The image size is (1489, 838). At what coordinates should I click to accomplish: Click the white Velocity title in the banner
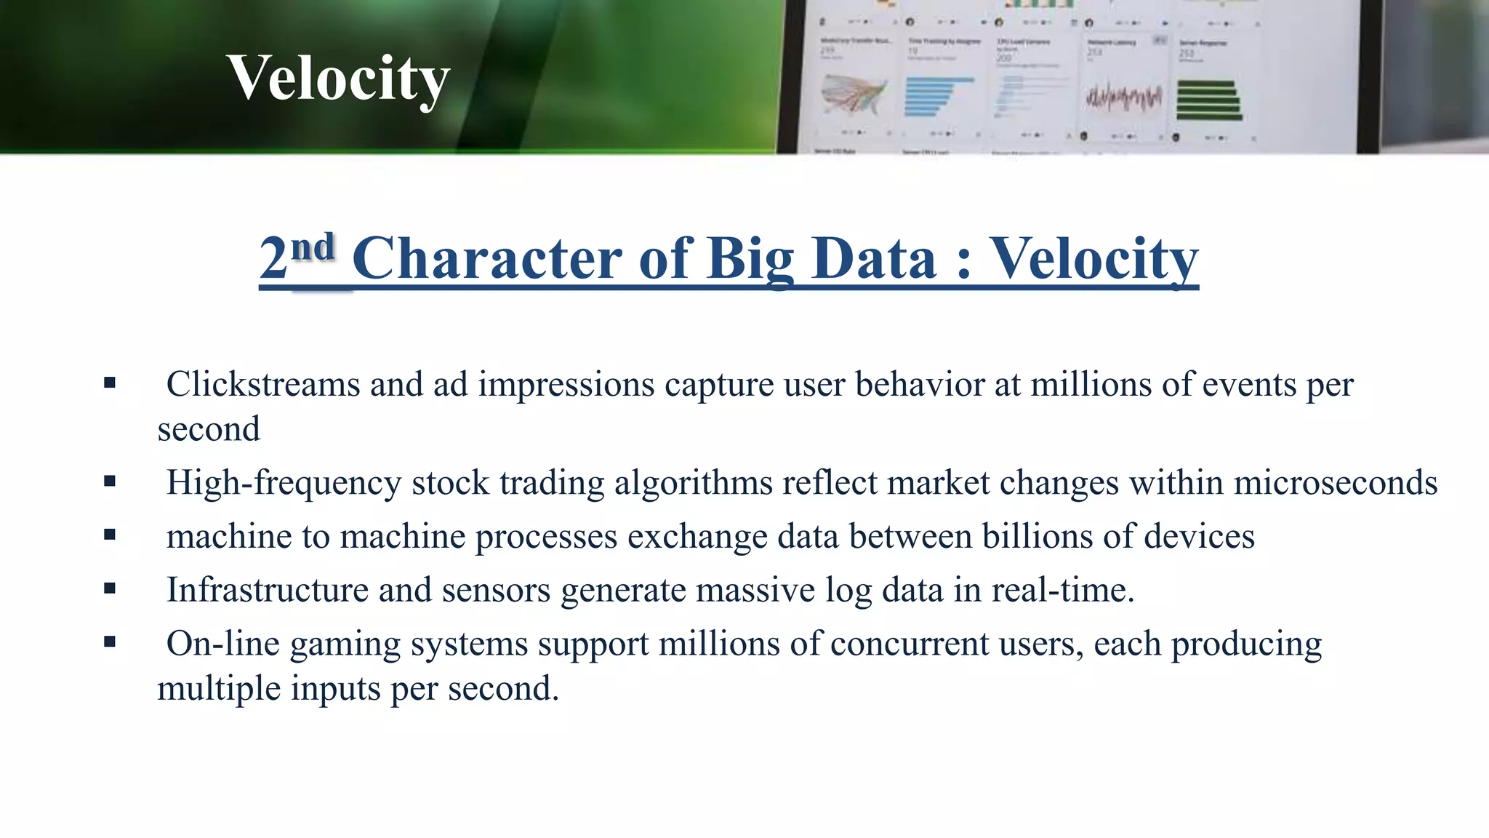(338, 79)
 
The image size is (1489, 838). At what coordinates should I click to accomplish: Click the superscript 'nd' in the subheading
(313, 247)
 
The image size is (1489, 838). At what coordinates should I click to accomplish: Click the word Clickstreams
(262, 384)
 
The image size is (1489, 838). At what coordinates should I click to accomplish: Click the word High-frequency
(284, 483)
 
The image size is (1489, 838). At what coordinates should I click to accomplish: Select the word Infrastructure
(268, 590)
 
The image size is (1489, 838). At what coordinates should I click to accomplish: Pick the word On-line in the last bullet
(223, 644)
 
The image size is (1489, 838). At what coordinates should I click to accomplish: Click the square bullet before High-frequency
(110, 481)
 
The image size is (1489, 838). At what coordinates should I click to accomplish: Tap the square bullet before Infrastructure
(110, 588)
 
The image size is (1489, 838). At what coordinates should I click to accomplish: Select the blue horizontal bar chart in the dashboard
(936, 97)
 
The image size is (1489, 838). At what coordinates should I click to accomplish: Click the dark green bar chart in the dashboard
(1208, 100)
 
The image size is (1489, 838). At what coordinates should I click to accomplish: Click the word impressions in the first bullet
(566, 384)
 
